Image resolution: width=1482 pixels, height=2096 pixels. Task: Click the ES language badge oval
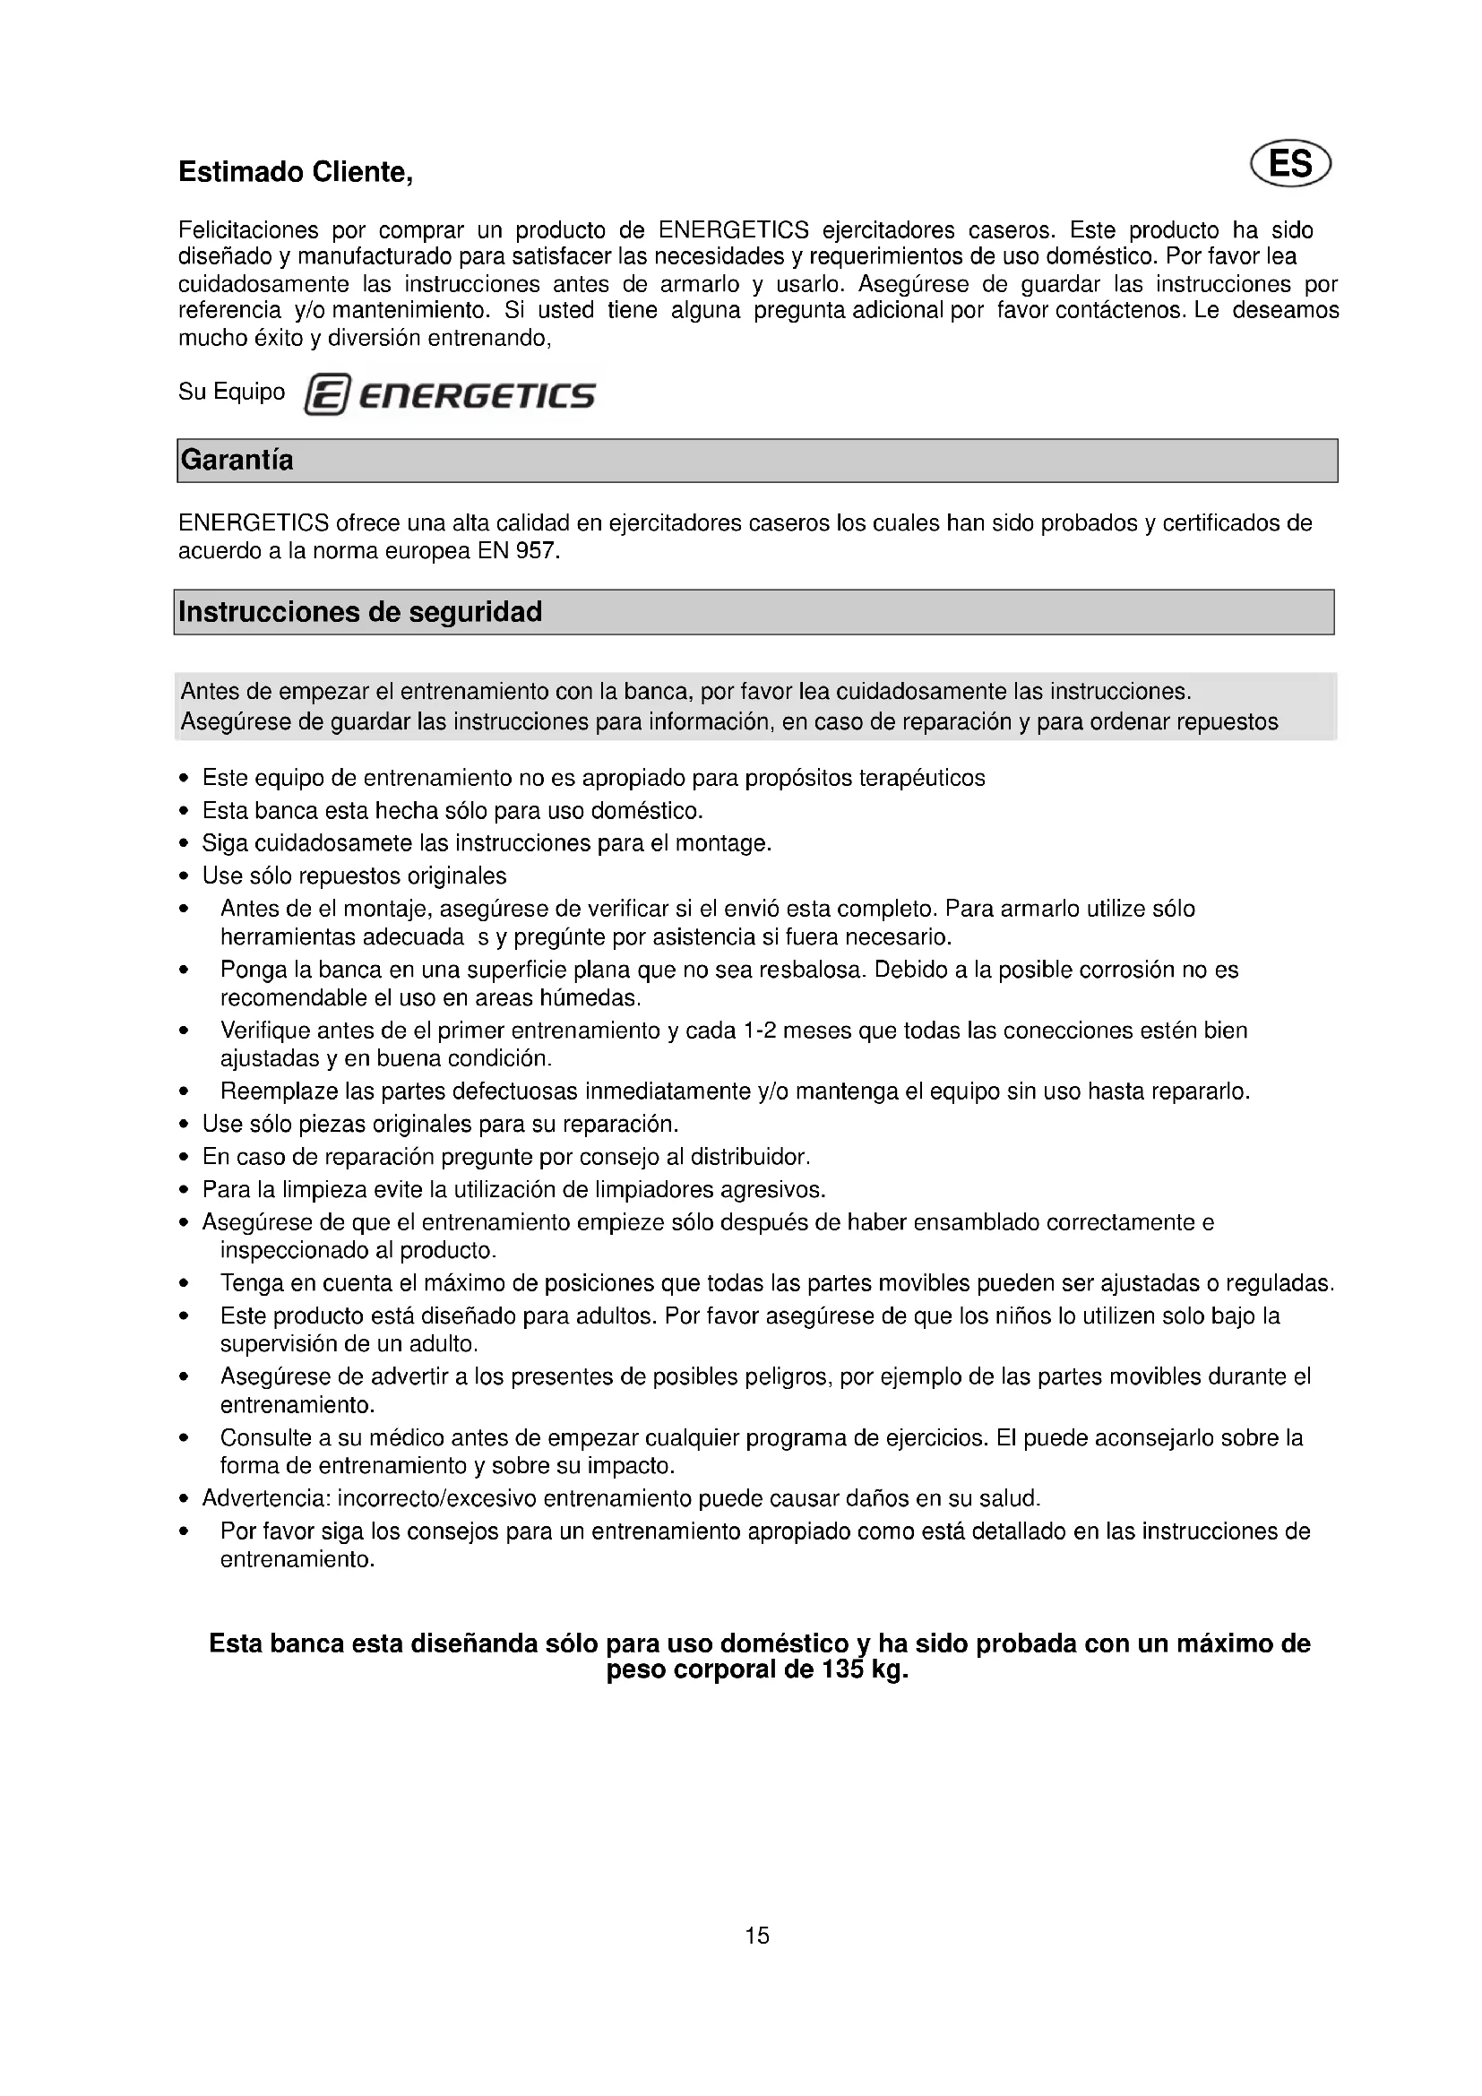(x=1290, y=165)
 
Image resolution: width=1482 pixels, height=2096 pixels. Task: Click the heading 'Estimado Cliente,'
(x=296, y=172)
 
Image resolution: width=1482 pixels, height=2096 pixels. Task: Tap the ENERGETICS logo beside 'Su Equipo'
(x=450, y=395)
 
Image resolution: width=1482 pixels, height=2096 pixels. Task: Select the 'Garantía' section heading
(x=237, y=460)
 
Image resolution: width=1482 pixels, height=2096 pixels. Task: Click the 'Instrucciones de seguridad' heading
(x=360, y=612)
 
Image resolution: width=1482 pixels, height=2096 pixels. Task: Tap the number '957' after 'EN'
(x=538, y=551)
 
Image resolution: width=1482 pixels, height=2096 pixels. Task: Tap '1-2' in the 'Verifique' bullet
(x=759, y=1031)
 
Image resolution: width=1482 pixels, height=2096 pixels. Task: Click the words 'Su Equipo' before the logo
(x=232, y=392)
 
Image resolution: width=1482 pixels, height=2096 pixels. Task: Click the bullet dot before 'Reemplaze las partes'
(x=185, y=1091)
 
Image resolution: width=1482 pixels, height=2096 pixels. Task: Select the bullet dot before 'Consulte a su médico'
(x=185, y=1439)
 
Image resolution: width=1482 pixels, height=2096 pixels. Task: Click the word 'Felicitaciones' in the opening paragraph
(x=248, y=229)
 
